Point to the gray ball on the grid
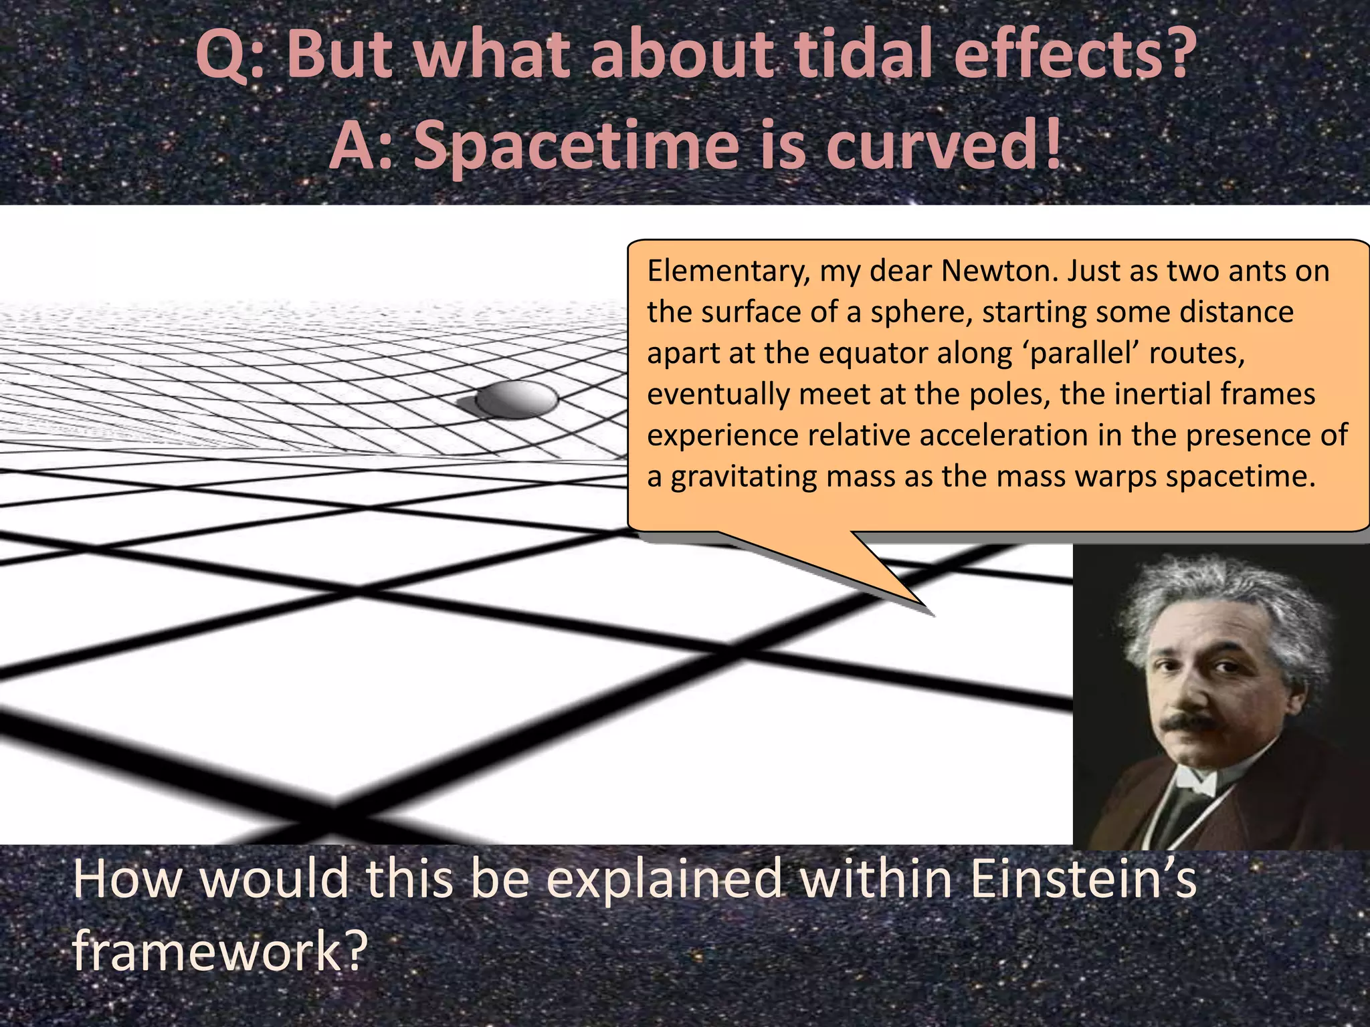[515, 399]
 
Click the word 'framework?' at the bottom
[220, 951]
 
